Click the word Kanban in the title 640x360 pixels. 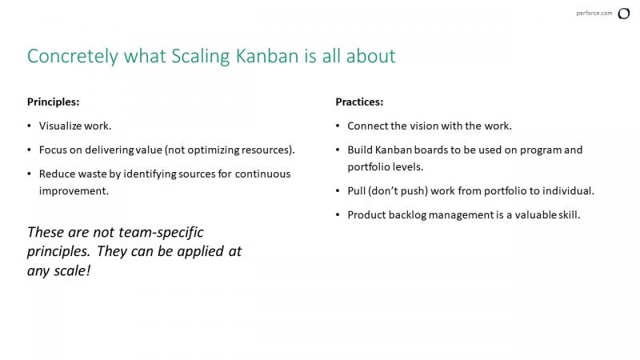tap(267, 56)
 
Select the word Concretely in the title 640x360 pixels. tap(73, 56)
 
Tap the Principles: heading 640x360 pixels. tap(53, 102)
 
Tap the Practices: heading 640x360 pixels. tap(359, 102)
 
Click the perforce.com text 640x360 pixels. tap(594, 13)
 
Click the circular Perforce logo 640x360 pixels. tap(624, 14)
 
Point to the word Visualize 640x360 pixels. tap(59, 126)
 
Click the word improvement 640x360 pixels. tap(74, 191)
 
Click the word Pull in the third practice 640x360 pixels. tap(356, 190)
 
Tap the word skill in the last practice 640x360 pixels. tap(570, 214)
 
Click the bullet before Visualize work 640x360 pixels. tap(29, 126)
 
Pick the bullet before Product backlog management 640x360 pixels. tap(338, 215)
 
